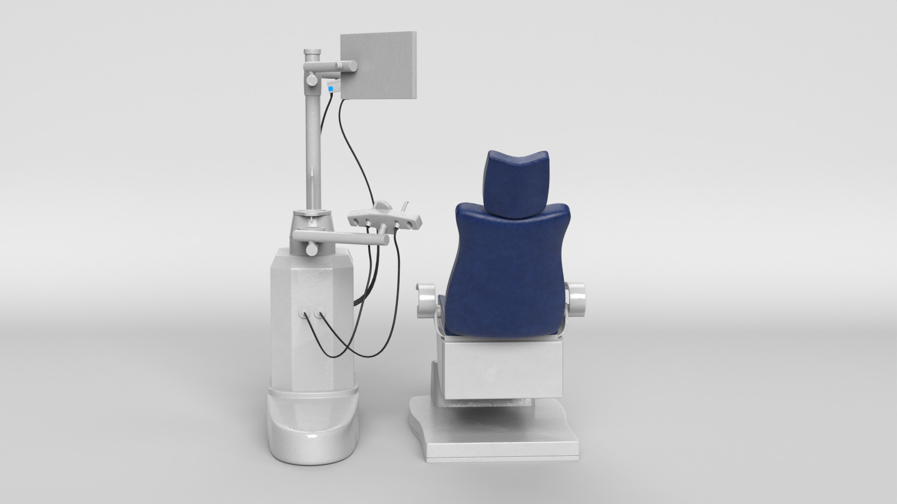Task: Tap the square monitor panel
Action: coord(378,65)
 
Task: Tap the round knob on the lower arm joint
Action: coord(310,249)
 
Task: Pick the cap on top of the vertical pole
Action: coord(312,51)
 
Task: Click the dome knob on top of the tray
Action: coord(382,205)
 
